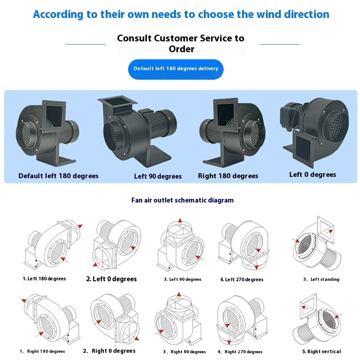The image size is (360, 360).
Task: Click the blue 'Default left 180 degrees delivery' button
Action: [175, 69]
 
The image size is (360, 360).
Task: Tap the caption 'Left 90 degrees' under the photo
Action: [158, 176]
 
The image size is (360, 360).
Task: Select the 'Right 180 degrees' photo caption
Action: [228, 176]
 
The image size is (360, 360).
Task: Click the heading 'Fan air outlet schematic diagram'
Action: [183, 200]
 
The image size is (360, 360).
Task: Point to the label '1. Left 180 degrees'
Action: [44, 279]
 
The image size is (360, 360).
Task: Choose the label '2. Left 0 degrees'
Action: [111, 279]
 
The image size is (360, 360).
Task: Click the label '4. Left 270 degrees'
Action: [242, 279]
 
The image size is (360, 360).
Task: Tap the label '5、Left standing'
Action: [321, 279]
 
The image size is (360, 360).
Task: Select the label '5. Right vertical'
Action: [321, 351]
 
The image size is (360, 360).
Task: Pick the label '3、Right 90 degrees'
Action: [184, 352]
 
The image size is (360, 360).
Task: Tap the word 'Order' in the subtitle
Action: [181, 49]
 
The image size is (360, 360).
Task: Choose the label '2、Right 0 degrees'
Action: [109, 351]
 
